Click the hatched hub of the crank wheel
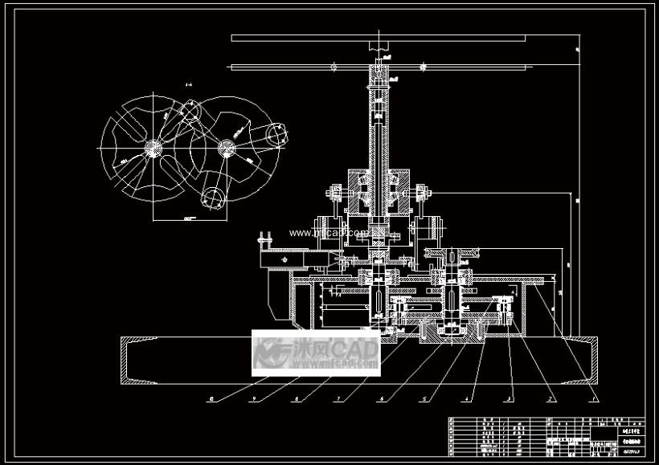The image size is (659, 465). (x=226, y=147)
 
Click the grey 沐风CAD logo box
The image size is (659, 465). (x=316, y=353)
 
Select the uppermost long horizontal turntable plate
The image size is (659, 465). (x=378, y=37)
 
